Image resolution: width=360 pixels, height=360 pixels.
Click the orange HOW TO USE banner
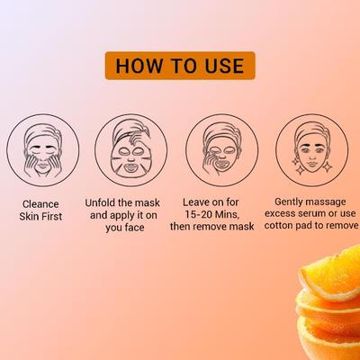[179, 67]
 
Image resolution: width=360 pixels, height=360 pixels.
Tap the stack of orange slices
[328, 301]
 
